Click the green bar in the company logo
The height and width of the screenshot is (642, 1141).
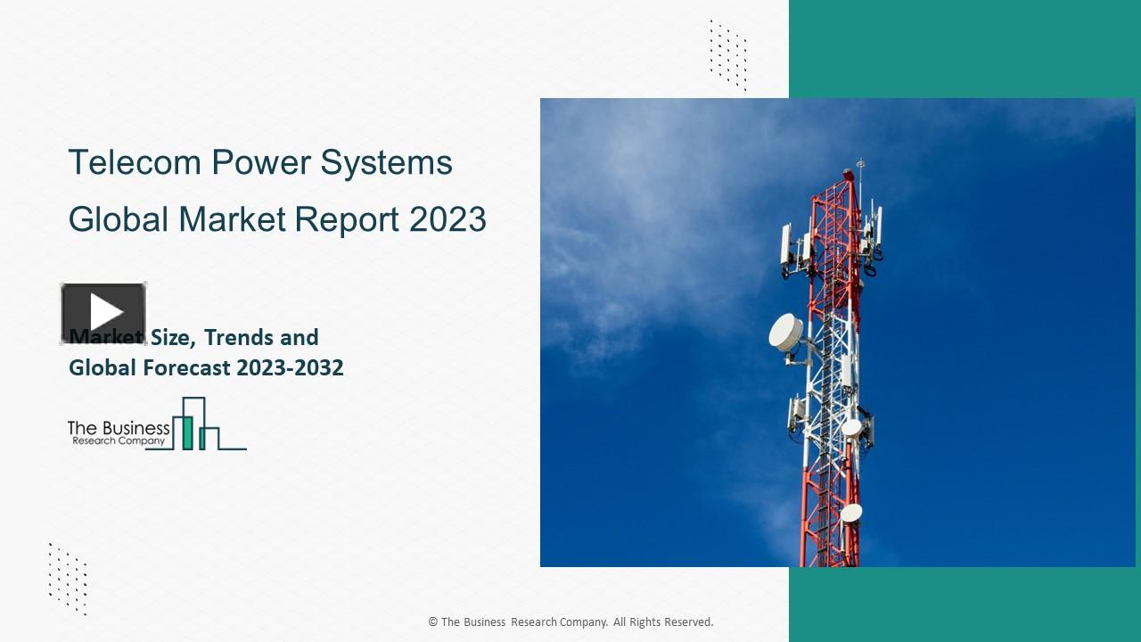pos(187,432)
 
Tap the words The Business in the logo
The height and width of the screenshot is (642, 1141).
pos(118,428)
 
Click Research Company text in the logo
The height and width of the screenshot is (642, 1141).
pos(118,440)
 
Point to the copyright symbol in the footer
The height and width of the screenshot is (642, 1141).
pos(432,622)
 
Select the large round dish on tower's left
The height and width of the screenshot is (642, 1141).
pos(785,332)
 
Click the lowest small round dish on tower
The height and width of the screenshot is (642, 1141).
pos(851,513)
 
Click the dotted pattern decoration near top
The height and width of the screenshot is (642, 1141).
pos(727,53)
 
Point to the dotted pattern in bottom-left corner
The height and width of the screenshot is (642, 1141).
pos(68,578)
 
